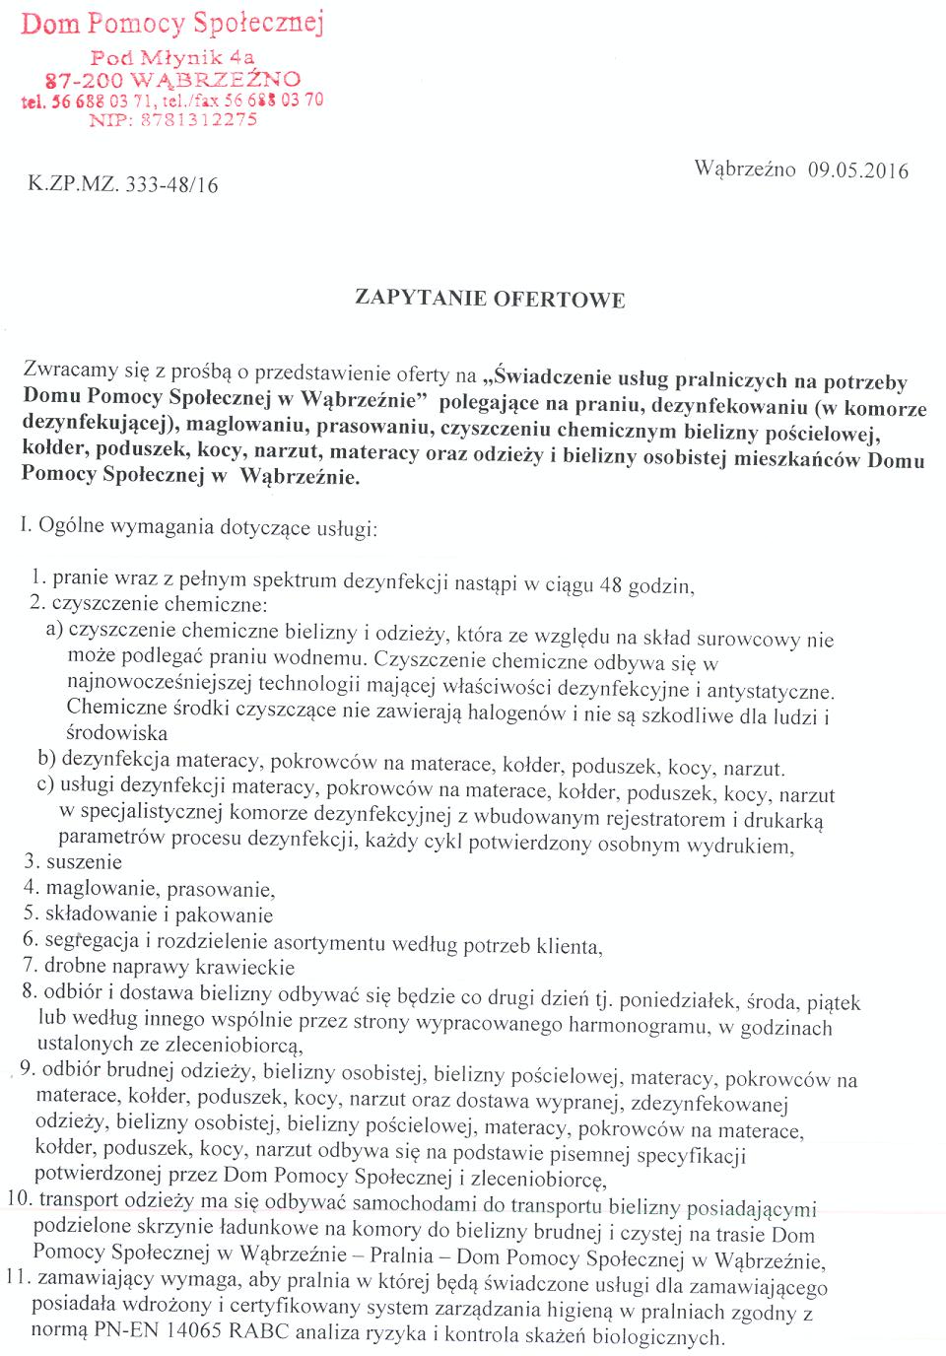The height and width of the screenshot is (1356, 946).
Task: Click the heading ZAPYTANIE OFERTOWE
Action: [490, 298]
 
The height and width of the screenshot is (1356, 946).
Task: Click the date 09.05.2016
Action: [857, 169]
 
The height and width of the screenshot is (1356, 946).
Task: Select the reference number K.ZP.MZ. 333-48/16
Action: [123, 184]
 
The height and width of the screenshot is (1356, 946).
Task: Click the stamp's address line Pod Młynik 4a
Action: [172, 57]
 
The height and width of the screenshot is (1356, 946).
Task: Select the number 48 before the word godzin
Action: [610, 585]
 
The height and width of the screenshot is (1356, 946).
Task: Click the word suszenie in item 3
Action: [85, 862]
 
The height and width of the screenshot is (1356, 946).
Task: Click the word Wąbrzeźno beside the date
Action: [745, 169]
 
